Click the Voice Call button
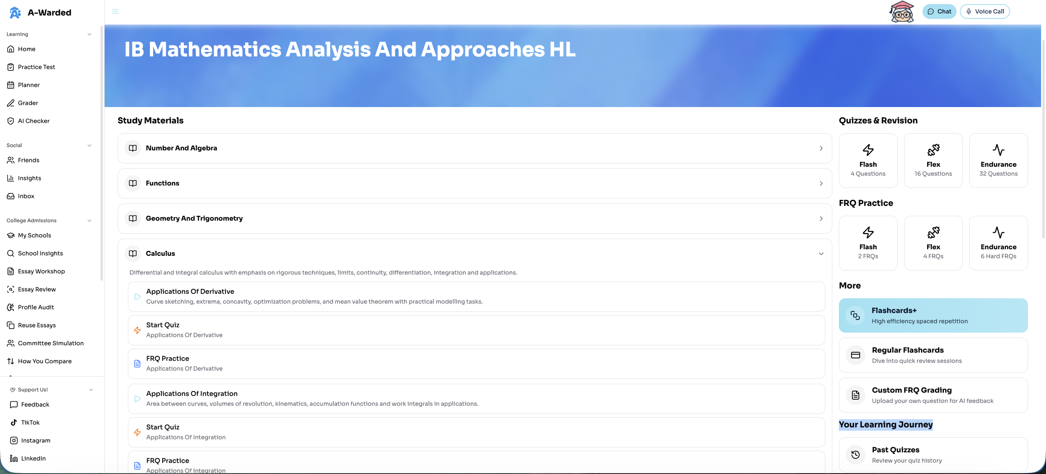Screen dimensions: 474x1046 click(985, 11)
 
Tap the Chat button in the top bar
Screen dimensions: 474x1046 click(939, 11)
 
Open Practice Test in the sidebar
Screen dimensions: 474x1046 click(36, 67)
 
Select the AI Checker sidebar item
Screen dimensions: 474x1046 click(34, 121)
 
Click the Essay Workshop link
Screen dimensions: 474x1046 click(41, 271)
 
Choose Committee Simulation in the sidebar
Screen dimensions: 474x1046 click(51, 343)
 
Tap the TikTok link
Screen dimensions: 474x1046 click(30, 423)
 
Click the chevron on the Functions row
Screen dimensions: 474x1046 click(821, 183)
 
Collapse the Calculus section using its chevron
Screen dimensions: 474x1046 click(821, 254)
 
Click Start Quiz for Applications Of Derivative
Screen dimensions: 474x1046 click(476, 330)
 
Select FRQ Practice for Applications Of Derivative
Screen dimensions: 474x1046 click(476, 363)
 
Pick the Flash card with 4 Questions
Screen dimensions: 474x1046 click(868, 161)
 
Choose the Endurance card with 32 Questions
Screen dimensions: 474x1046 click(998, 161)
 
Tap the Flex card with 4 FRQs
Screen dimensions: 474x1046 click(933, 243)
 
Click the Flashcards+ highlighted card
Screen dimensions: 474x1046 click(933, 315)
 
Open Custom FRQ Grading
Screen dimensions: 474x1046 click(933, 395)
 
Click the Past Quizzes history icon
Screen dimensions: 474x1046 click(856, 455)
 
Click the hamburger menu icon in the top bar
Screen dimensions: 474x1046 click(115, 11)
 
